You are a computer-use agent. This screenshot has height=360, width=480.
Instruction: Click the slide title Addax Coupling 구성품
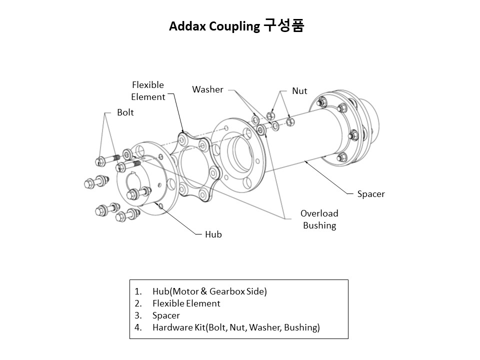coord(236,26)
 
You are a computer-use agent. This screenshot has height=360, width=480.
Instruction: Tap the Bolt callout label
coord(125,112)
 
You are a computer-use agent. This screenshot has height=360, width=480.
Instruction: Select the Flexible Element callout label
coord(148,91)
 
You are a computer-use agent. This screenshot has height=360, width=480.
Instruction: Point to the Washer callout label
coord(207,89)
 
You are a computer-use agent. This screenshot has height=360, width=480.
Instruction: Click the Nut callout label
coord(299,91)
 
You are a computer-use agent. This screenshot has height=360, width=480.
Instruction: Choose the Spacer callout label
coord(371,194)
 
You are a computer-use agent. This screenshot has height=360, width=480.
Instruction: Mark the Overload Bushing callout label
coord(319,219)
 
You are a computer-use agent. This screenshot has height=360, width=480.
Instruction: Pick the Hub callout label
coord(213,234)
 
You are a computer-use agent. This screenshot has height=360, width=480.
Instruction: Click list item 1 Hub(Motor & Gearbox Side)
coord(209,291)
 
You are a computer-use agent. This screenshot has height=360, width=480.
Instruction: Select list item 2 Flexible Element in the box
coord(186,303)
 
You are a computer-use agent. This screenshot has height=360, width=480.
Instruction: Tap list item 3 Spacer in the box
coord(166,315)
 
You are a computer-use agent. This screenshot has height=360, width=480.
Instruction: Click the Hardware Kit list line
coord(236,327)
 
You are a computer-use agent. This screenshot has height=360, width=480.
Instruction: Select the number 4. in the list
coord(138,327)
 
